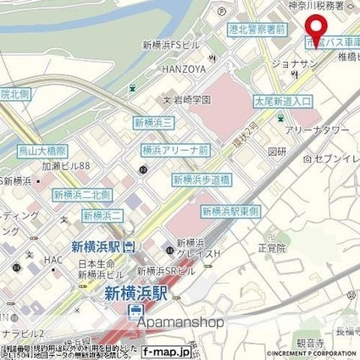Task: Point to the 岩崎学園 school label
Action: [191, 99]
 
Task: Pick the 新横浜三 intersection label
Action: [153, 124]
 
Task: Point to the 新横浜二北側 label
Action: [81, 194]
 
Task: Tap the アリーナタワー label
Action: [315, 119]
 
